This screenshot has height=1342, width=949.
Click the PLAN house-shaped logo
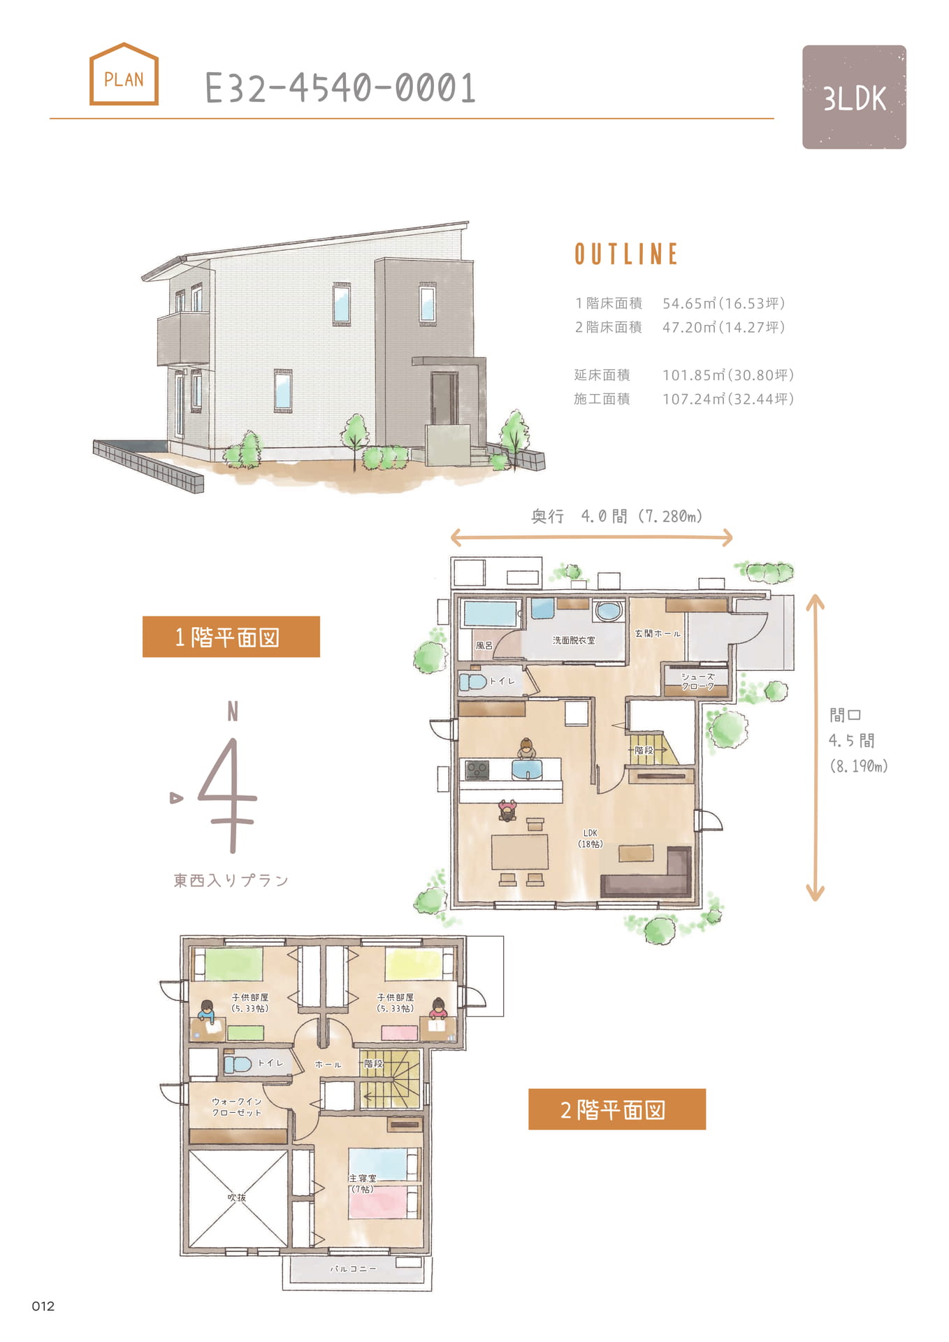click(x=124, y=74)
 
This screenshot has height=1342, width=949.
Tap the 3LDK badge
click(x=854, y=97)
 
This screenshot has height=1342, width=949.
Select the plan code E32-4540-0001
click(x=340, y=88)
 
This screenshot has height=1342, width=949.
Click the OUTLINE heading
click(x=626, y=254)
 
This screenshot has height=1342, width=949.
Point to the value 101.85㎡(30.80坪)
click(x=728, y=375)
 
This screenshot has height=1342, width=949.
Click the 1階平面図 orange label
click(x=231, y=637)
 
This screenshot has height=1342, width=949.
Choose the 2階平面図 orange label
click(x=617, y=1109)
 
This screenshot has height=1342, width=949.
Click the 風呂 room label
click(x=484, y=645)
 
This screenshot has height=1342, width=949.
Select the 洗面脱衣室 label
click(x=574, y=640)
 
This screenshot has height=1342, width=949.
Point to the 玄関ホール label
click(x=657, y=633)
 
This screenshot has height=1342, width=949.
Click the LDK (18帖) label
click(x=591, y=838)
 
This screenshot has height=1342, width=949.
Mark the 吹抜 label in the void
click(x=237, y=1197)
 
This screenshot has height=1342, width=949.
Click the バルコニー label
click(x=354, y=1268)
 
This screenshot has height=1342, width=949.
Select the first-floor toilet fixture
click(x=472, y=681)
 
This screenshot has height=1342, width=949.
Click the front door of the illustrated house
click(x=444, y=399)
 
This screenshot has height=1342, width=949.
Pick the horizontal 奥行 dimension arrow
click(x=592, y=537)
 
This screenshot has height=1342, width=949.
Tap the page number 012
click(x=43, y=1306)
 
